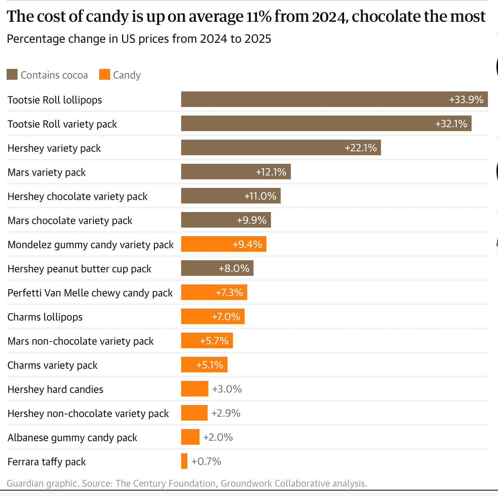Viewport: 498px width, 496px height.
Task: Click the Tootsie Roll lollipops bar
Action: click(x=311, y=99)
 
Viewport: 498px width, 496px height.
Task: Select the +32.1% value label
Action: click(x=451, y=124)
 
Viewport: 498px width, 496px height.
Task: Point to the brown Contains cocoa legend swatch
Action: click(x=12, y=75)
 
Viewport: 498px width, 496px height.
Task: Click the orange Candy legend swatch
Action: click(x=105, y=75)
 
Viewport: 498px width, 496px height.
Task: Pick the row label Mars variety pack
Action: click(x=47, y=172)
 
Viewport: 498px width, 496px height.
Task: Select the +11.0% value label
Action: click(x=260, y=196)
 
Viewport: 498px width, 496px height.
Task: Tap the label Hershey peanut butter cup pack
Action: click(x=79, y=269)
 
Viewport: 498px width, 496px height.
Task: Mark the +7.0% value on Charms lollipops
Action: click(x=226, y=317)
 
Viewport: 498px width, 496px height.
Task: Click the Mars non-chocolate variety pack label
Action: click(x=80, y=341)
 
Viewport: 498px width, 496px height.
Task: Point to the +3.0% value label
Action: click(x=227, y=389)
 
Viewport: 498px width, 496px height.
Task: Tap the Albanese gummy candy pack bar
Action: click(x=190, y=437)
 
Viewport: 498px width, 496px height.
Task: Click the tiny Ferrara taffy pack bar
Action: click(x=184, y=461)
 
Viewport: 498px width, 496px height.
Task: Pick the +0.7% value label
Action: click(x=206, y=461)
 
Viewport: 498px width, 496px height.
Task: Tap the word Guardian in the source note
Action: click(x=25, y=484)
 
